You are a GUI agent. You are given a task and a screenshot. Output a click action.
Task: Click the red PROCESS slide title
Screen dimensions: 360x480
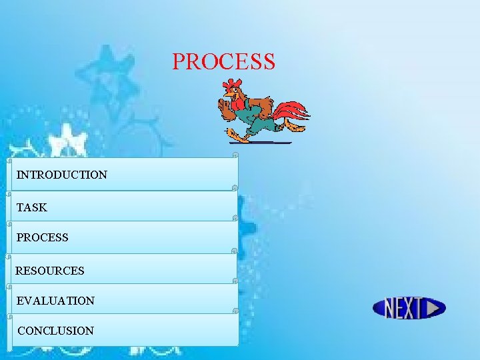(223, 61)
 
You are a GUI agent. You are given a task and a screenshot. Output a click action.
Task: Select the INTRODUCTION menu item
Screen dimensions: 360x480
(61, 175)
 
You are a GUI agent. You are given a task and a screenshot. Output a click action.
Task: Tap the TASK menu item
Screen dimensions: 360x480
(32, 207)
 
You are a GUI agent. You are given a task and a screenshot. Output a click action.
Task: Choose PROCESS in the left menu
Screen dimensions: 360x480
(42, 237)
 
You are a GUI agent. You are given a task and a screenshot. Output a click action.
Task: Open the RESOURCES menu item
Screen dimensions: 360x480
(50, 271)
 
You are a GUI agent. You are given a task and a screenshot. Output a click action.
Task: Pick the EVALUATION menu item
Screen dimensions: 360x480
(55, 301)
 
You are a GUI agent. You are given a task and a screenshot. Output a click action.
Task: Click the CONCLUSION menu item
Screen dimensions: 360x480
(55, 331)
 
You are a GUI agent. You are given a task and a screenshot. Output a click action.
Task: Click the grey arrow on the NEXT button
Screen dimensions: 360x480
(435, 308)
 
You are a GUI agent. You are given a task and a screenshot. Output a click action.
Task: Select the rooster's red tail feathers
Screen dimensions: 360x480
(293, 112)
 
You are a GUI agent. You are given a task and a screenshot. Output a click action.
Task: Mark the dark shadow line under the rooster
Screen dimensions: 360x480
(260, 143)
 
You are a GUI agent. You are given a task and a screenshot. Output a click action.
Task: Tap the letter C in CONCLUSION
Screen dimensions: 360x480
(22, 331)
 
